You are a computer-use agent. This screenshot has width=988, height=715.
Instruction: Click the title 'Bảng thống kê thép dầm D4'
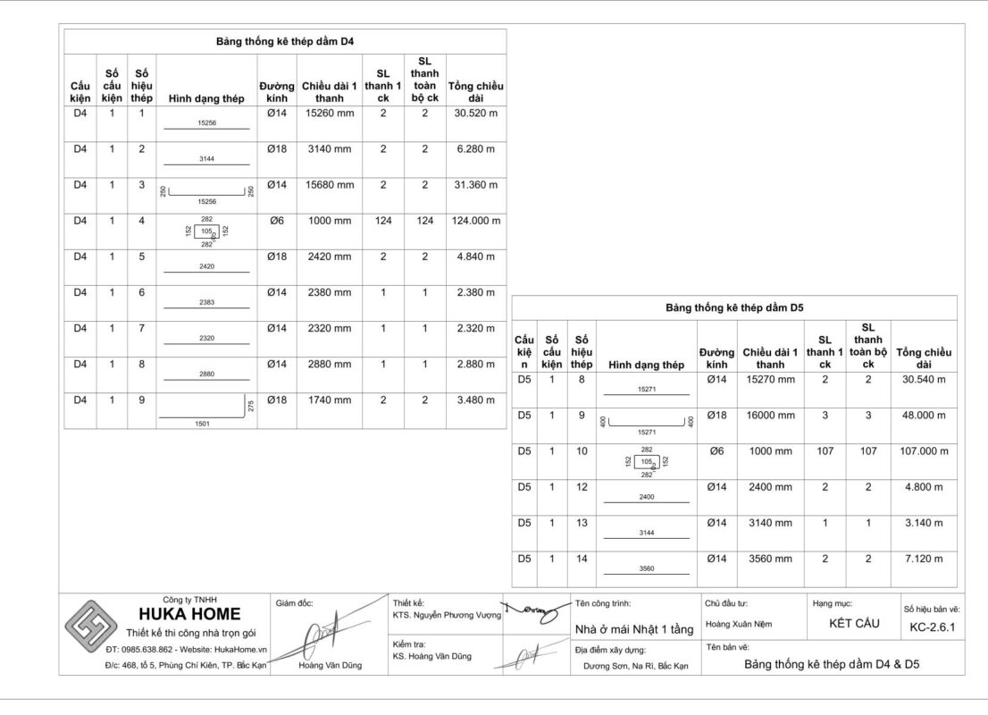click(285, 41)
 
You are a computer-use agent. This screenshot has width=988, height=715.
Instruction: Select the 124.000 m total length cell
click(476, 221)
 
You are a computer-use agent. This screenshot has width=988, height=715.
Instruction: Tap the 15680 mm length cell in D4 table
click(330, 185)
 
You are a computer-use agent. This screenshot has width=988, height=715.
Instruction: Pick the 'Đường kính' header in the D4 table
click(277, 92)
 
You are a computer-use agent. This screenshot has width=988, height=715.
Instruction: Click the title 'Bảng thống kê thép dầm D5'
click(734, 307)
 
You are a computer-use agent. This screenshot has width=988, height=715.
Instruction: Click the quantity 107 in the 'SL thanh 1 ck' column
click(825, 451)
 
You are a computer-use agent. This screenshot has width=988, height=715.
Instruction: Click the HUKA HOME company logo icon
click(94, 626)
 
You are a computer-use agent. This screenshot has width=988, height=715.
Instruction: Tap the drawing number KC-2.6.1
click(933, 627)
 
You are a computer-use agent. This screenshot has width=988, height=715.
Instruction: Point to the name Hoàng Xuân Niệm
click(739, 624)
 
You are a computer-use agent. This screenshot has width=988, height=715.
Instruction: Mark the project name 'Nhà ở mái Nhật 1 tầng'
click(634, 629)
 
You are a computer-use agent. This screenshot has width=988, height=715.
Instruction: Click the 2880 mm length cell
click(330, 364)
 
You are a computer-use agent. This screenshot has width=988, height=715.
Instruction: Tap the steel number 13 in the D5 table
click(582, 523)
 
